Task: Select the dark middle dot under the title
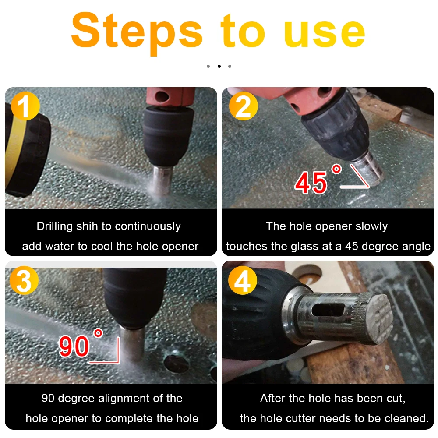tap(219, 66)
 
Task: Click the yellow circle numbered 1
tap(25, 106)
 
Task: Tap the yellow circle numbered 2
tap(243, 106)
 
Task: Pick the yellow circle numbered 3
tap(24, 280)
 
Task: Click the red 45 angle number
tap(311, 183)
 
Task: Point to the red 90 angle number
tap(74, 346)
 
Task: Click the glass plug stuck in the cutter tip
tap(378, 318)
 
